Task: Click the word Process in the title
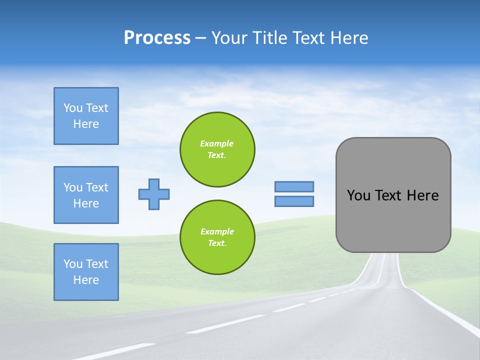click(157, 38)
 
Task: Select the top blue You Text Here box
click(86, 116)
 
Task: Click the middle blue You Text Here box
click(86, 195)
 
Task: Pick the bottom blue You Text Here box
click(86, 272)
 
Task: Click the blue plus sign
click(154, 194)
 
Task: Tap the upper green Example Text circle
click(217, 149)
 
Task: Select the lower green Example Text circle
click(217, 237)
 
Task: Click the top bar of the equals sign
click(294, 186)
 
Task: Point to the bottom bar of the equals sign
click(294, 201)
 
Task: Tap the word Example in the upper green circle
click(216, 143)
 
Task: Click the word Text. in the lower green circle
click(217, 243)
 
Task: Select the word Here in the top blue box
click(86, 124)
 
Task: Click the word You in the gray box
click(358, 195)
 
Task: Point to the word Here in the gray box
click(422, 195)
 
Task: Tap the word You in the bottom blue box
click(73, 264)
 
